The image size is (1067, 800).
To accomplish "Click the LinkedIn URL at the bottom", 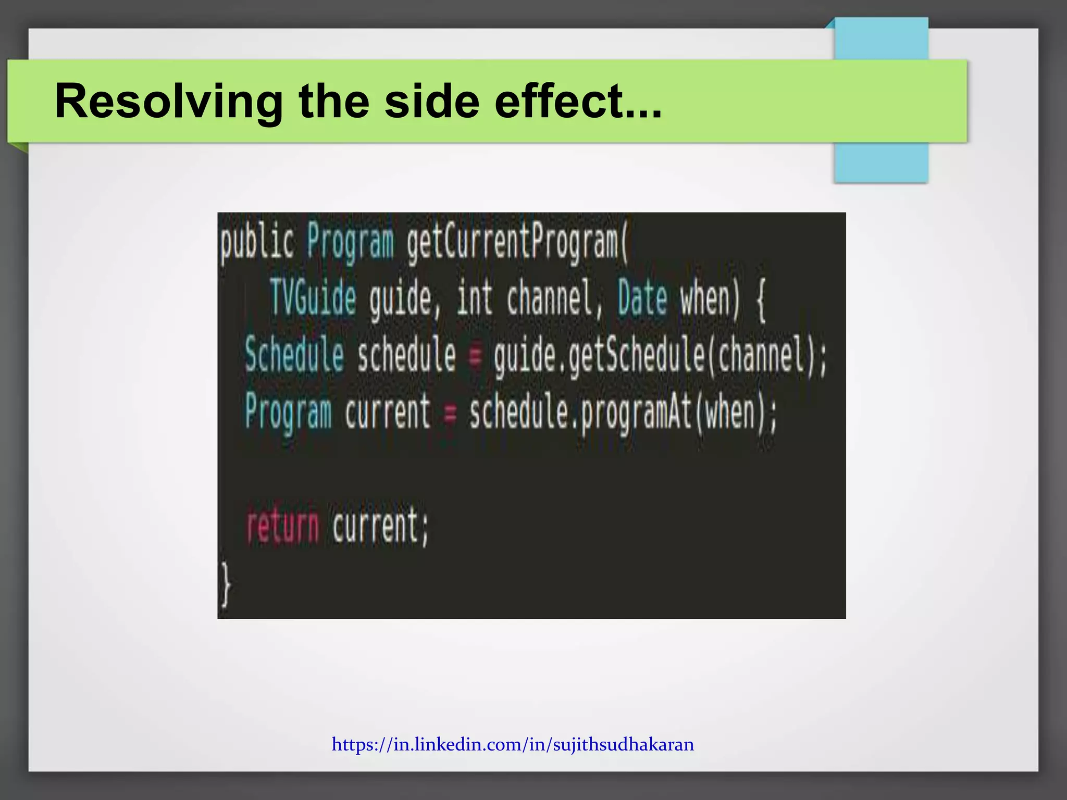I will pos(513,744).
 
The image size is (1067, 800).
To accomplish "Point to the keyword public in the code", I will pos(257,243).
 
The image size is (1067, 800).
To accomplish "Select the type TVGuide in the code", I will pos(313,298).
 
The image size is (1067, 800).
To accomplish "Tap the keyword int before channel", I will pos(474,298).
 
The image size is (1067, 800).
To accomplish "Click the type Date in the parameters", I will pos(642,298).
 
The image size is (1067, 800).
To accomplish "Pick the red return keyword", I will pos(282,527).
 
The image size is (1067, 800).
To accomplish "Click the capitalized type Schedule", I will pos(294,355).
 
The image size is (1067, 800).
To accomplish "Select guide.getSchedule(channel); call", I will pos(660,356).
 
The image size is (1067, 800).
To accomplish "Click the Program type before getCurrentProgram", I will pos(350,243).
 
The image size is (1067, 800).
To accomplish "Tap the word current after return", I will pos(380,527).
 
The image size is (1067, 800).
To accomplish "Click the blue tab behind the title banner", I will pos(881,161).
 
